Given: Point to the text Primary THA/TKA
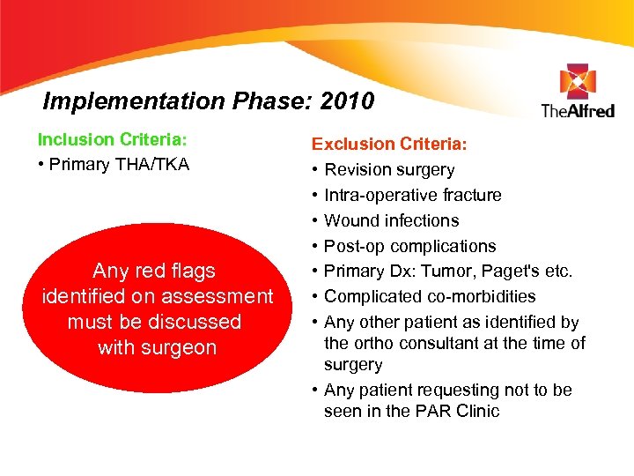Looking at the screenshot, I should [x=118, y=164].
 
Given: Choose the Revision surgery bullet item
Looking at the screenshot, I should [x=389, y=169].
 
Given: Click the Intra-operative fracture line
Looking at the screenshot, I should [x=412, y=195].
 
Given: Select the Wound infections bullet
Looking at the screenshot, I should [x=391, y=220].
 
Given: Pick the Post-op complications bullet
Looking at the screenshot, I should [x=409, y=246].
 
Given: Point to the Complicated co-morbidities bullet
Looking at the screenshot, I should [x=429, y=296].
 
